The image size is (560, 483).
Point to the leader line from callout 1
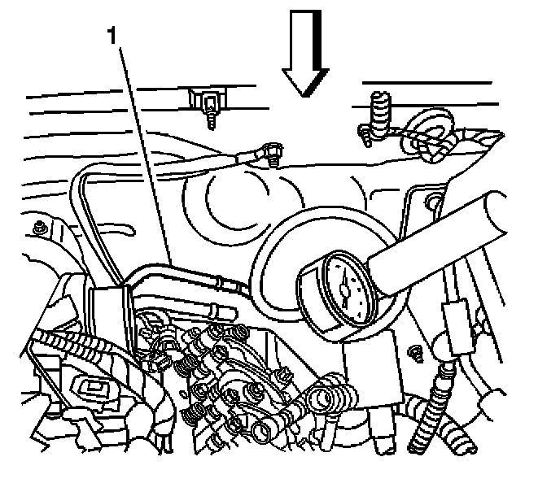[147, 154]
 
